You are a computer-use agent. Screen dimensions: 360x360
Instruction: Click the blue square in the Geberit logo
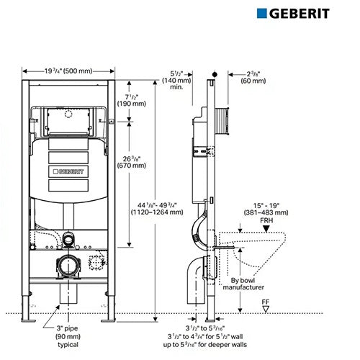pyautogui.click(x=261, y=14)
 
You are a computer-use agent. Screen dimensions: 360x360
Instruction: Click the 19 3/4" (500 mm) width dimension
pyautogui.click(x=68, y=71)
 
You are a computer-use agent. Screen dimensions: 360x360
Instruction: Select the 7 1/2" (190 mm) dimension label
pyautogui.click(x=132, y=100)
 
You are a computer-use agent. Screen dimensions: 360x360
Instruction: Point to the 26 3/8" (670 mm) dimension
pyautogui.click(x=132, y=162)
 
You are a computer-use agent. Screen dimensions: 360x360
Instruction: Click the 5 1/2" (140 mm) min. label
pyautogui.click(x=176, y=80)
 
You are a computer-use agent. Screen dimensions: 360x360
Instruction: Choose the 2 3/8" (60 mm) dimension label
pyautogui.click(x=253, y=77)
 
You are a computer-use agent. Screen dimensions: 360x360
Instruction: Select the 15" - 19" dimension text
pyautogui.click(x=266, y=206)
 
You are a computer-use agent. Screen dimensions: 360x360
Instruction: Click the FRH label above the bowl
pyautogui.click(x=266, y=220)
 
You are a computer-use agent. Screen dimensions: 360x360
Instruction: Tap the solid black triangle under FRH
pyautogui.click(x=266, y=229)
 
